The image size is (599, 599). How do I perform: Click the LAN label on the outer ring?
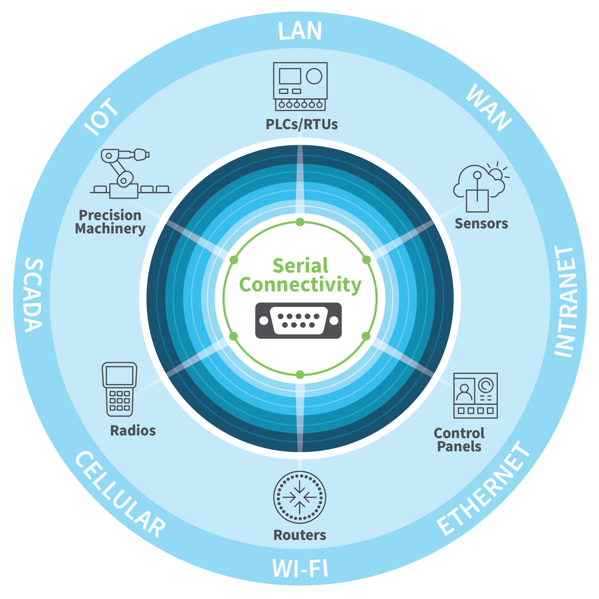click(x=300, y=31)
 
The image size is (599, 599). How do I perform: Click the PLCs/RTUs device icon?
click(x=300, y=86)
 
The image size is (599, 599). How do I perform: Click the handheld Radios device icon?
click(x=119, y=389)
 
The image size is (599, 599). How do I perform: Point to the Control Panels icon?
click(x=475, y=396)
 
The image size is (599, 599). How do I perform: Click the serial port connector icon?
click(x=298, y=321)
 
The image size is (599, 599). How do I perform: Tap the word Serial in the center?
click(x=300, y=266)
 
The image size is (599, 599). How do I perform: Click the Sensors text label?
click(x=481, y=224)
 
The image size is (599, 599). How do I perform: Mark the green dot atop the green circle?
click(x=300, y=222)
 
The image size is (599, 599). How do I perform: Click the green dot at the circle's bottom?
click(x=300, y=374)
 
